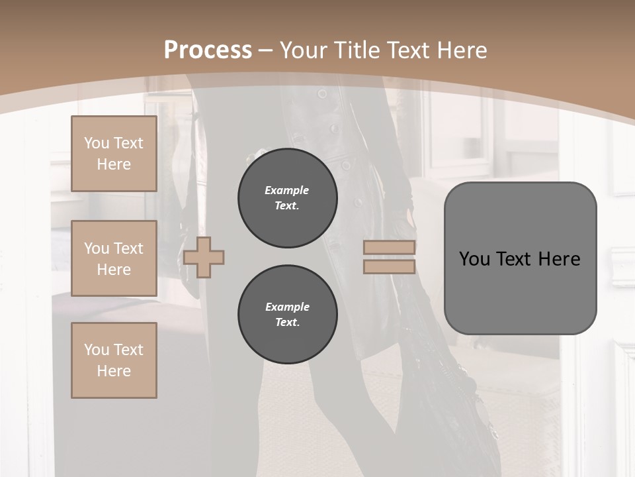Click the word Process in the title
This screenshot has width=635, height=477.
coord(208,50)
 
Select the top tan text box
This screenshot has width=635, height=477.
coord(114,154)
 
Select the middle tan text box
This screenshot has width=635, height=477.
coord(114,258)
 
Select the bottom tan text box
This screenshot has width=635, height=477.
coord(114,360)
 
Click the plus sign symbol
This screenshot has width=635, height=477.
coord(204,258)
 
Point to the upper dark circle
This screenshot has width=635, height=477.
coord(287,198)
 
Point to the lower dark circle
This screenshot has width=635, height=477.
coord(287,315)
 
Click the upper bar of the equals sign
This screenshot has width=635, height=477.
coord(389,248)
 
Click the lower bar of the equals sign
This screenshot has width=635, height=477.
coord(389,267)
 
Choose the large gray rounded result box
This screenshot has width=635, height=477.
coord(520,258)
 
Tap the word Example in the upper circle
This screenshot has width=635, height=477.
coord(287,190)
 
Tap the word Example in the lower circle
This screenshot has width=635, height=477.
coord(287,307)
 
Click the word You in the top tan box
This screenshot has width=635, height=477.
coord(97,143)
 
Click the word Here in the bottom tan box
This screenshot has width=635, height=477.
coord(114,371)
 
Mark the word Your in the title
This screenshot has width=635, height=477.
coord(304,50)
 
